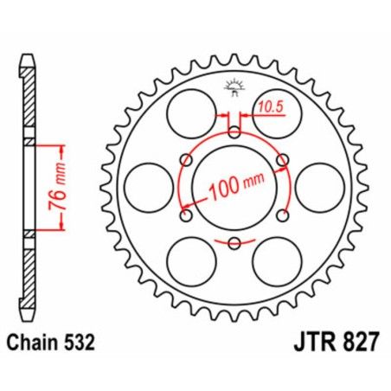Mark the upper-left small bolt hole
186,159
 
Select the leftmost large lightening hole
149,186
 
